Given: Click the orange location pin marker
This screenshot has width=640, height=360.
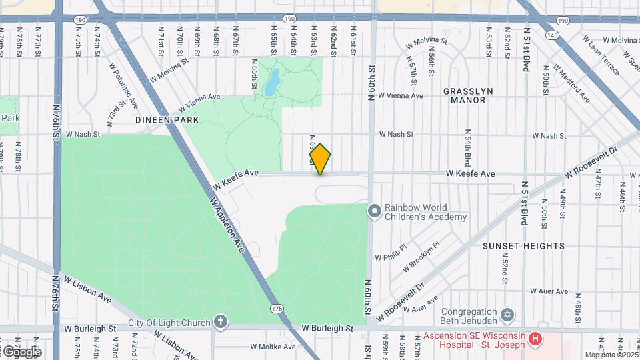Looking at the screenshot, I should pyautogui.click(x=321, y=159).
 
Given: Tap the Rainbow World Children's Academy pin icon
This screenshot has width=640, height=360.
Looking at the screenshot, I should pyautogui.click(x=375, y=211).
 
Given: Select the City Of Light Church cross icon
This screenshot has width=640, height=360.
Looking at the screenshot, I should pyautogui.click(x=221, y=323).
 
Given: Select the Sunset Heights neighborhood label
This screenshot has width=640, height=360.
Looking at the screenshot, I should pyautogui.click(x=523, y=246).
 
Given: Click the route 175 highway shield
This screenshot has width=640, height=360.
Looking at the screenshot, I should pyautogui.click(x=277, y=309).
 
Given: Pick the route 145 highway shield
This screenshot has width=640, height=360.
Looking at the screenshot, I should pyautogui.click(x=551, y=34).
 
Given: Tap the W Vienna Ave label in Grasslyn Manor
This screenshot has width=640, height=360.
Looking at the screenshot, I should pyautogui.click(x=400, y=96).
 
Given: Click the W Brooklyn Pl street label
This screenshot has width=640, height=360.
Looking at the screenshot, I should pyautogui.click(x=423, y=254).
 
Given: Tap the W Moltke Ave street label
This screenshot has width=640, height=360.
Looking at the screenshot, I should pyautogui.click(x=273, y=347).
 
